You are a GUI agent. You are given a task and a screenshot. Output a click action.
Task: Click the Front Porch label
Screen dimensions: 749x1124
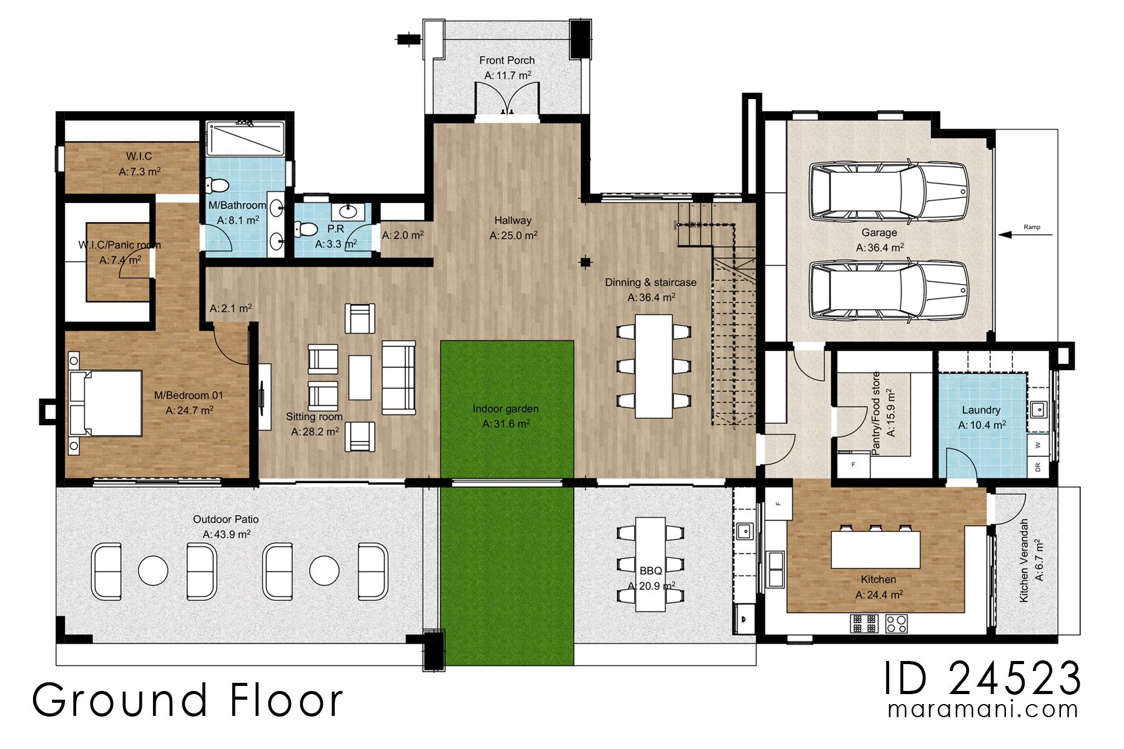(x=506, y=61)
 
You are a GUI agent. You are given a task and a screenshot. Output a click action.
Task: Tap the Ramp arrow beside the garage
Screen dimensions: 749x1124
(x=1024, y=235)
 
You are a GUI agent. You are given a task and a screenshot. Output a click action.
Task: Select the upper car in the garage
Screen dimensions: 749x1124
(x=888, y=192)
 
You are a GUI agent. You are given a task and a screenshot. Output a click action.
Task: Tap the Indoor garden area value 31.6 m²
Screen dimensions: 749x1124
(x=506, y=424)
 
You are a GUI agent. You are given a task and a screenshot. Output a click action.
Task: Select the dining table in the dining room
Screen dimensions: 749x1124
(x=653, y=366)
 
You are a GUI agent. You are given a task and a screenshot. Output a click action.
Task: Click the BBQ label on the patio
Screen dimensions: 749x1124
(x=650, y=570)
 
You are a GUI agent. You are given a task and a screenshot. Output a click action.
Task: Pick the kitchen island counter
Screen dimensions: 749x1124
(x=875, y=549)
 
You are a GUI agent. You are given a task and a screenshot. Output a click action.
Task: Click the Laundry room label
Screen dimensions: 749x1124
(x=980, y=410)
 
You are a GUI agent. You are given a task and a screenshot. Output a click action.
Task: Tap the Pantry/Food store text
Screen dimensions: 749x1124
(x=875, y=413)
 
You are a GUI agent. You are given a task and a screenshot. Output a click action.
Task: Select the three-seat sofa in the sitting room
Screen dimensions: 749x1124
(x=398, y=378)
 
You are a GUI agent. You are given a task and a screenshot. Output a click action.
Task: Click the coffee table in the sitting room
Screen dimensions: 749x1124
(x=360, y=378)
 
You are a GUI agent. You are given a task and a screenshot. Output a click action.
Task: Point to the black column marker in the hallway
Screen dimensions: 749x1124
(x=585, y=262)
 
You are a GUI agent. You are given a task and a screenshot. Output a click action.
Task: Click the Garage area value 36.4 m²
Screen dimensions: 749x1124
(x=879, y=248)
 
